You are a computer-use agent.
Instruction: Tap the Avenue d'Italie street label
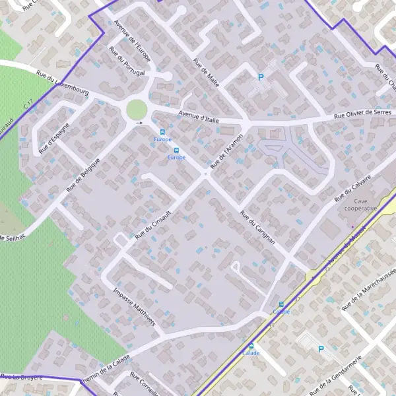[x=197, y=117]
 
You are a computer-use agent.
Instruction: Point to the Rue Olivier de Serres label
[x=362, y=114]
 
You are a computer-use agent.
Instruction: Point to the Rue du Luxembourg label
[x=63, y=83]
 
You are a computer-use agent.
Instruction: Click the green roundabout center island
[x=137, y=110]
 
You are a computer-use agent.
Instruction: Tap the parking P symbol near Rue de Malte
[x=261, y=77]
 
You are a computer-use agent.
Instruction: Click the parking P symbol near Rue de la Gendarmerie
[x=321, y=349]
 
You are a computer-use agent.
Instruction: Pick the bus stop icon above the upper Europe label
[x=162, y=132]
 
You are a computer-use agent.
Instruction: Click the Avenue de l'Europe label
[x=133, y=42]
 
